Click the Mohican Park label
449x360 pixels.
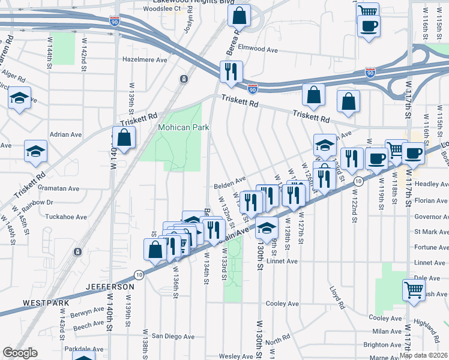[x=183, y=127]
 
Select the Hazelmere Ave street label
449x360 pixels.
[x=144, y=60]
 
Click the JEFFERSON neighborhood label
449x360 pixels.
[x=109, y=287]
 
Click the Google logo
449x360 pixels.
[x=20, y=353]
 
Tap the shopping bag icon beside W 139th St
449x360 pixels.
[x=124, y=138]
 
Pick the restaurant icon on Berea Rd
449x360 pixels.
[x=231, y=72]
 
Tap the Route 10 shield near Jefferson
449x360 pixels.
[x=139, y=274]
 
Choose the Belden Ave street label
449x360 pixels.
[x=231, y=181]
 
